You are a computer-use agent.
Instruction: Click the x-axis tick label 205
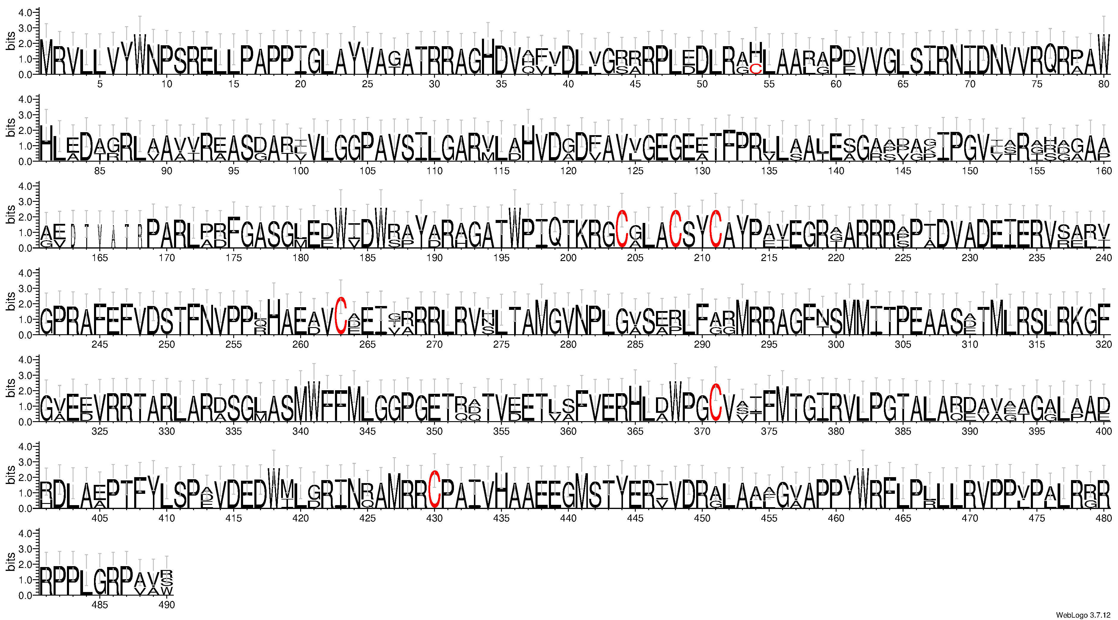click(x=635, y=258)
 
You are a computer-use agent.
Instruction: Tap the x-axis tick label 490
click(x=167, y=605)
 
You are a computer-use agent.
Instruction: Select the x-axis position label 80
click(x=1104, y=84)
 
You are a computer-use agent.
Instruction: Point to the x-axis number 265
click(x=368, y=344)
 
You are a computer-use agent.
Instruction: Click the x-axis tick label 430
click(x=434, y=518)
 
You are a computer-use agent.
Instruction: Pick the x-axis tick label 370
click(x=702, y=431)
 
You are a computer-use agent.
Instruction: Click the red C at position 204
click(x=622, y=229)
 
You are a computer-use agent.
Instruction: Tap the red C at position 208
click(x=675, y=229)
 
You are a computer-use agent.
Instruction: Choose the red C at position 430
click(x=434, y=489)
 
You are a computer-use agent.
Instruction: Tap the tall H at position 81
click(x=46, y=143)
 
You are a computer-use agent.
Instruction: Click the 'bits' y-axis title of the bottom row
click(x=10, y=562)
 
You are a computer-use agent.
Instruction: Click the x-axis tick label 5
click(x=100, y=84)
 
